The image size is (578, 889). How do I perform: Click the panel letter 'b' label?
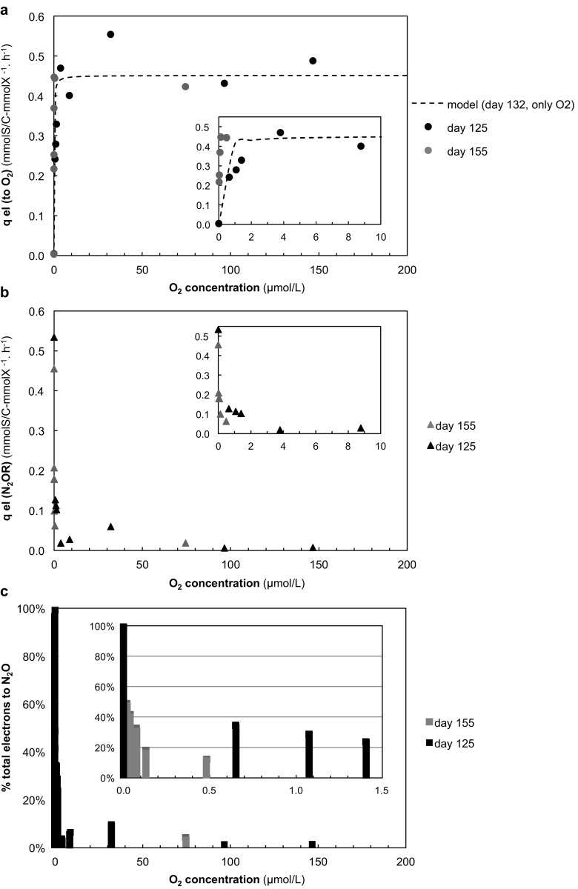click(6, 294)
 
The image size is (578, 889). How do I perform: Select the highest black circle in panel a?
click(110, 34)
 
